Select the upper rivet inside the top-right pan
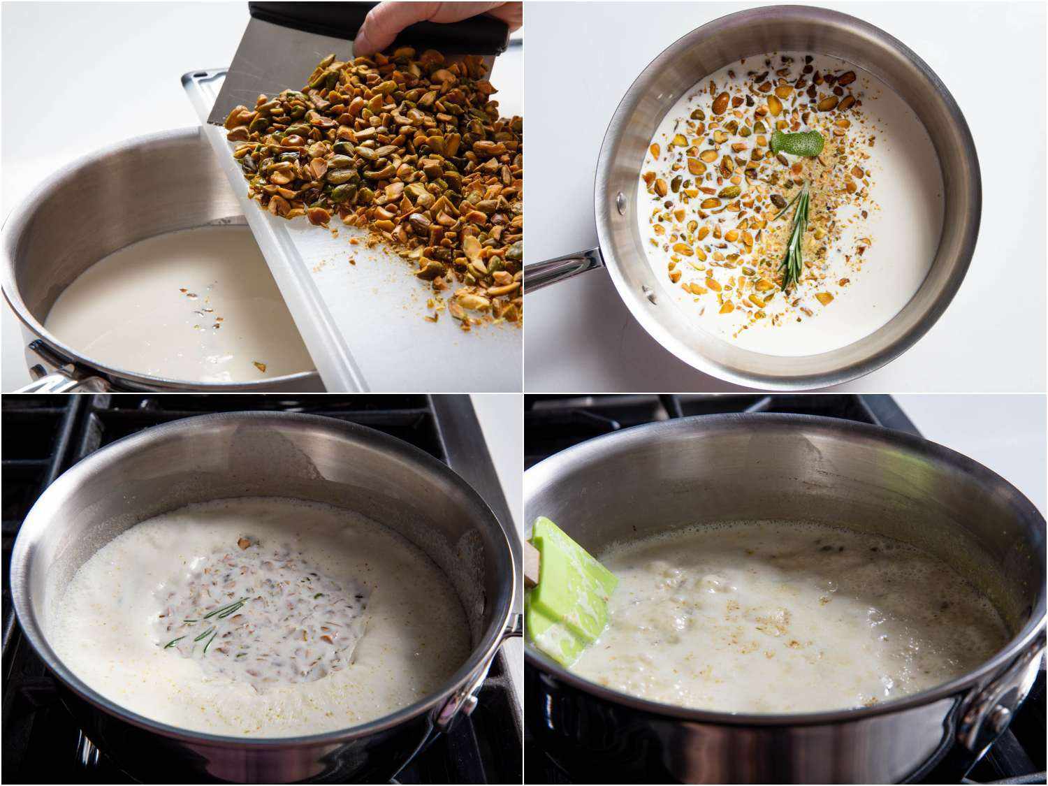620,203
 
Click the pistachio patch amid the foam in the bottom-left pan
259,615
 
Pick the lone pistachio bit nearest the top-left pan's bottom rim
259,366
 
